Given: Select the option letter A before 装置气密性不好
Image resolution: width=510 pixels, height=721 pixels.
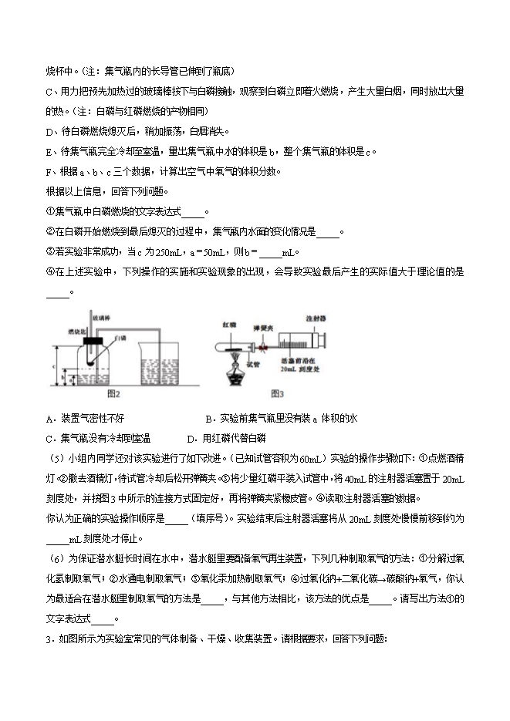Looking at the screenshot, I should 49,419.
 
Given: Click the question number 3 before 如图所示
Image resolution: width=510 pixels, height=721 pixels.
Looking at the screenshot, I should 49,638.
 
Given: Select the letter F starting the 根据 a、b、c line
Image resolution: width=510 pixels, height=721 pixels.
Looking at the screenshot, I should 49,171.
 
